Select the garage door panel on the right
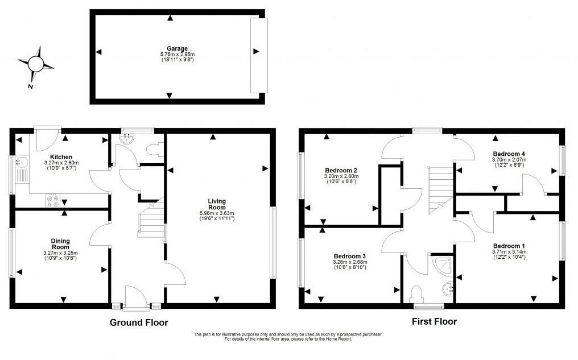tap(258, 55)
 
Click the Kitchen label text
tap(61, 157)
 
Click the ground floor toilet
tap(155, 149)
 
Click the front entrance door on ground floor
tap(134, 297)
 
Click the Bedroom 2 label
tap(341, 170)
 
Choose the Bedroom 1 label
tap(507, 245)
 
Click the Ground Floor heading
tap(139, 322)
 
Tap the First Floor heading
tap(434, 321)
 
